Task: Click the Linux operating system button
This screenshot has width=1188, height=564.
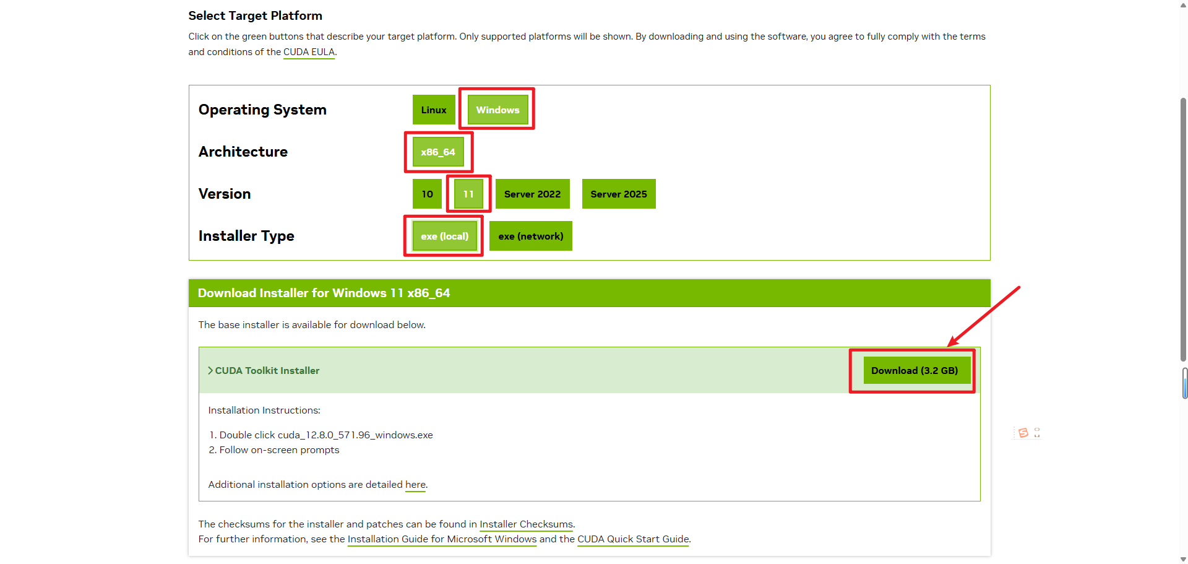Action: pyautogui.click(x=433, y=110)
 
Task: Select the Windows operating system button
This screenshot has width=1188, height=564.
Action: pyautogui.click(x=497, y=110)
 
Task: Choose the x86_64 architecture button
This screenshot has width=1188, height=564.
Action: pyautogui.click(x=438, y=152)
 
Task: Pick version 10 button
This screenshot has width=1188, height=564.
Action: pyautogui.click(x=427, y=194)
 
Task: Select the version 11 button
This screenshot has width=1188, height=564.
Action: pyautogui.click(x=468, y=194)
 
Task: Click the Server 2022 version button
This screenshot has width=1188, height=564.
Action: pyautogui.click(x=532, y=194)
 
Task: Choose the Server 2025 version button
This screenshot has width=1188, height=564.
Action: pyautogui.click(x=618, y=194)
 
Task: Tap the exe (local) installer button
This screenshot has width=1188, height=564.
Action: pyautogui.click(x=444, y=236)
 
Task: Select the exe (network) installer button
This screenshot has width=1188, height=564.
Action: pyautogui.click(x=530, y=236)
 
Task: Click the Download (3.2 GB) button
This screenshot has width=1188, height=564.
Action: pyautogui.click(x=914, y=370)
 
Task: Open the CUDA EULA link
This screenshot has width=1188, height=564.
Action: pyautogui.click(x=309, y=52)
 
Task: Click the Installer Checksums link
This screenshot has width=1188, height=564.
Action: pyautogui.click(x=526, y=524)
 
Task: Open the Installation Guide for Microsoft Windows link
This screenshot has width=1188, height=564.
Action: pyautogui.click(x=442, y=539)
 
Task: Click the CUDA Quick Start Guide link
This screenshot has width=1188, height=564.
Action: pyautogui.click(x=633, y=539)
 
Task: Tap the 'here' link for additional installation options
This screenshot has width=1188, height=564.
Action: pyautogui.click(x=415, y=485)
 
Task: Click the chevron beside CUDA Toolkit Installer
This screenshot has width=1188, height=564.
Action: pyautogui.click(x=210, y=370)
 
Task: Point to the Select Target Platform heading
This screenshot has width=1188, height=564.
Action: pyautogui.click(x=255, y=15)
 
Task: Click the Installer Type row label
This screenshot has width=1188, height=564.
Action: pyautogui.click(x=246, y=236)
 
